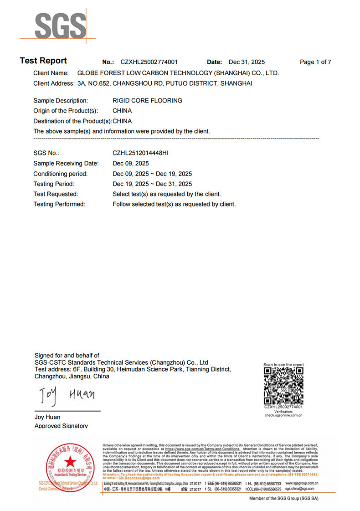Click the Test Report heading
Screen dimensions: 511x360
tap(43, 61)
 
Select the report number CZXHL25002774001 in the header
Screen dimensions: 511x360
tap(149, 62)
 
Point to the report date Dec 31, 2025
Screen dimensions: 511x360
tap(247, 62)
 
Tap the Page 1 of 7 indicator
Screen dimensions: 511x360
tap(315, 62)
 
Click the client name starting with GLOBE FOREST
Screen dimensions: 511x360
tap(178, 73)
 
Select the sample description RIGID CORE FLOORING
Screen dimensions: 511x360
tap(147, 100)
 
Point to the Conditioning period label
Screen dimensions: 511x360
tap(60, 174)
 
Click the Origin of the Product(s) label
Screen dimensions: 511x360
tap(66, 111)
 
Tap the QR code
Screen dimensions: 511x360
tap(283, 385)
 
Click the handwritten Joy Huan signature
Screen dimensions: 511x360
tap(67, 395)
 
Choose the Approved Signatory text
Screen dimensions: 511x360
tap(61, 426)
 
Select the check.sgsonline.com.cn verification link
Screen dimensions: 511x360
tap(283, 415)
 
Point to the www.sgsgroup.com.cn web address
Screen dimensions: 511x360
tap(302, 483)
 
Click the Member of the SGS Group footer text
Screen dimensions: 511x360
tap(283, 499)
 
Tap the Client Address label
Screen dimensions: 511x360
tap(54, 83)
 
